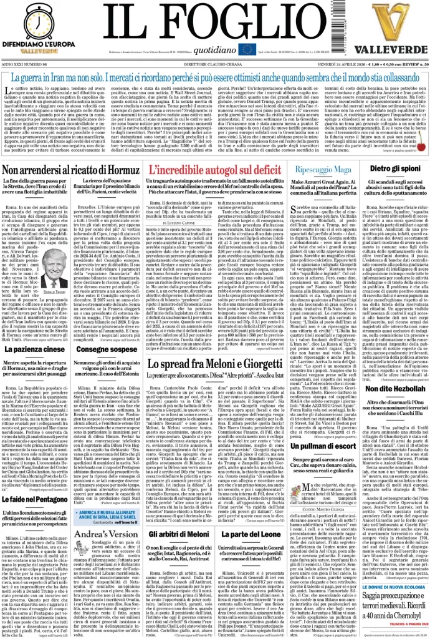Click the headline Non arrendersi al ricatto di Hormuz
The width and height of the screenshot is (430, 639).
[69, 170]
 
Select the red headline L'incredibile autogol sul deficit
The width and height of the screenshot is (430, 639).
[212, 169]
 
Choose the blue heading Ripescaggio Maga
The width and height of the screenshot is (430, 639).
[321, 169]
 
